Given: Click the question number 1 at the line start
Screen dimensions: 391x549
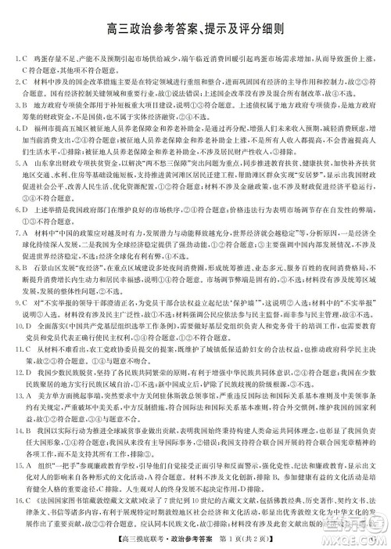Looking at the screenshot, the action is click(x=16, y=57).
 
